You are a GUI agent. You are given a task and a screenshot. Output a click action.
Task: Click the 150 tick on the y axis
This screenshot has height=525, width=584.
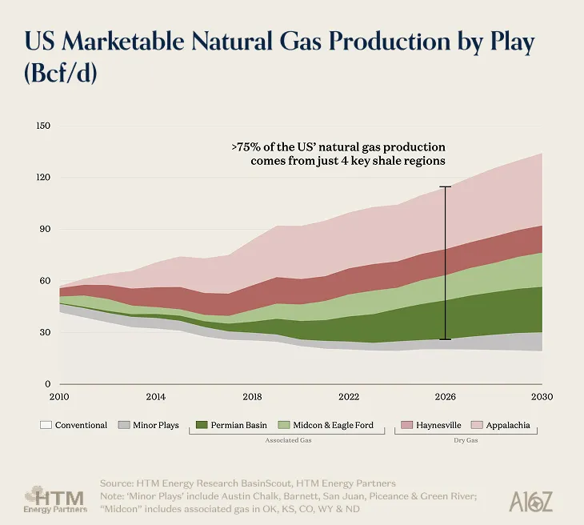click(x=43, y=126)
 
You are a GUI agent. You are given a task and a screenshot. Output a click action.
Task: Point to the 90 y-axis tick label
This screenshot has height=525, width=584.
click(x=45, y=229)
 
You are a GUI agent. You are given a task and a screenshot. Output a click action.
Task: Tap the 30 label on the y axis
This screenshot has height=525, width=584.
click(x=45, y=332)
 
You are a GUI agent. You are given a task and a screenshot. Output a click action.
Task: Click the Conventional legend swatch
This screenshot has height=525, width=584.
click(x=46, y=425)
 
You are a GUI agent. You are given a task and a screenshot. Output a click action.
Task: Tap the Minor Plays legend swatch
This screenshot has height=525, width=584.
click(x=124, y=425)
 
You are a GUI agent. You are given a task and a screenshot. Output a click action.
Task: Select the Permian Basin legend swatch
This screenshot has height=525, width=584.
click(x=200, y=425)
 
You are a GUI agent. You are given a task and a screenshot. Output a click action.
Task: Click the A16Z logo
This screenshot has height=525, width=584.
click(x=531, y=501)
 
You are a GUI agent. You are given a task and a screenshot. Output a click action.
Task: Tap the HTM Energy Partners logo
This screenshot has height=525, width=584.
click(x=55, y=498)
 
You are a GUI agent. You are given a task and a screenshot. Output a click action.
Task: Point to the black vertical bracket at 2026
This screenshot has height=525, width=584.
click(x=446, y=263)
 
